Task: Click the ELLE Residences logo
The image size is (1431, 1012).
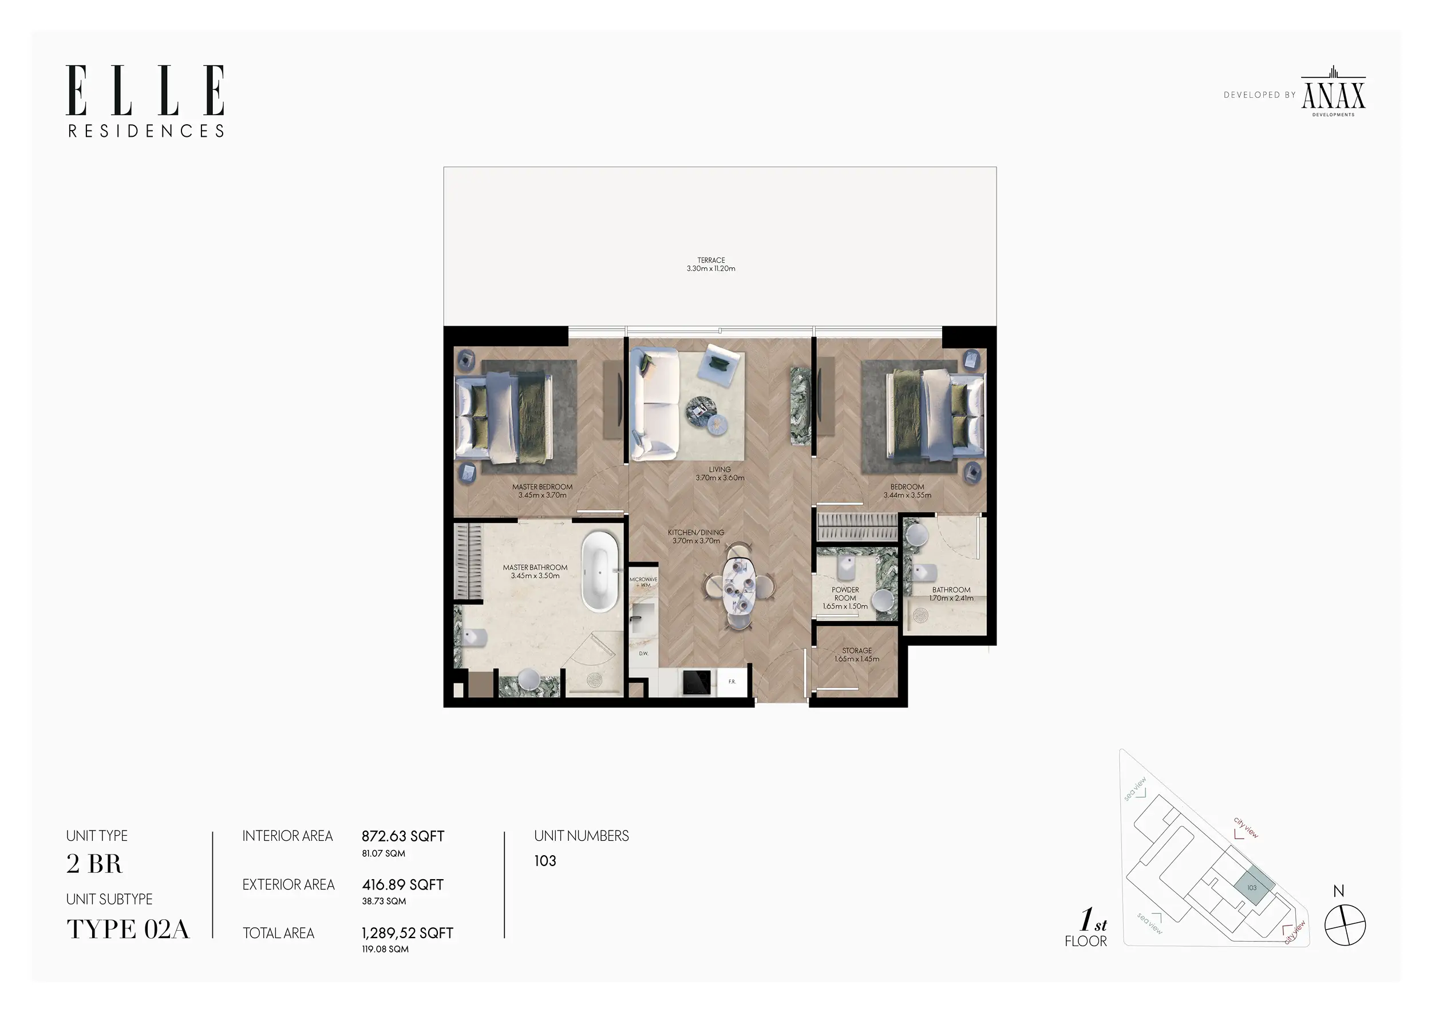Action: [x=145, y=100]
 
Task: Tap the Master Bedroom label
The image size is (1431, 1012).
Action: [x=542, y=491]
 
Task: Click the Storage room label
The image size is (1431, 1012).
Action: [x=857, y=654]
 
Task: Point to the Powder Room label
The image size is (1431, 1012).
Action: [x=845, y=598]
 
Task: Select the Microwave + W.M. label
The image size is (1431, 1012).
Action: [x=643, y=582]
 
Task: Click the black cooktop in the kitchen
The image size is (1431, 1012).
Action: [x=696, y=682]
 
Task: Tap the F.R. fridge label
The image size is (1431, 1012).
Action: [x=732, y=682]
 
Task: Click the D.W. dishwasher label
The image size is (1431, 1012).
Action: [x=643, y=654]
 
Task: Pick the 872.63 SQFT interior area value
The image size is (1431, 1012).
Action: [x=402, y=836]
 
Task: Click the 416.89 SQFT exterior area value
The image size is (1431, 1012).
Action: [x=402, y=885]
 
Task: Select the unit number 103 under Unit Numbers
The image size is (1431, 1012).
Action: [x=545, y=861]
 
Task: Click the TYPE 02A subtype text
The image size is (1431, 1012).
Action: [x=128, y=929]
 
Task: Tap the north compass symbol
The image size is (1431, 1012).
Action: [x=1345, y=925]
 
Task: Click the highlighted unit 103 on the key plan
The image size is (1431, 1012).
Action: [x=1252, y=887]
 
